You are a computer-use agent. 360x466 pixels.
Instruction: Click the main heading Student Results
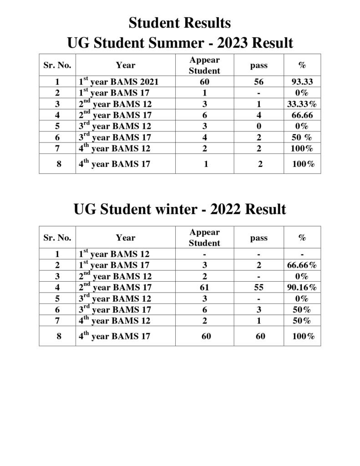(x=180, y=23)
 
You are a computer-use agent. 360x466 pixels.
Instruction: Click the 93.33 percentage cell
(x=302, y=82)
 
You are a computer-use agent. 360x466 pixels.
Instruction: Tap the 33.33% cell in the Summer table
(x=302, y=104)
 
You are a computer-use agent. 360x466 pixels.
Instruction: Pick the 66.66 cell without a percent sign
(x=302, y=115)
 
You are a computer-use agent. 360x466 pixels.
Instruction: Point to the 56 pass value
(x=259, y=82)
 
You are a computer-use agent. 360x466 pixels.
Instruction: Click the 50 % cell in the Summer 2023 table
(x=302, y=137)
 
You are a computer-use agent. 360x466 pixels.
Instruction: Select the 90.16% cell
(x=302, y=288)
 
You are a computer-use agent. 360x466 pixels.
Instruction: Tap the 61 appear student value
(x=204, y=288)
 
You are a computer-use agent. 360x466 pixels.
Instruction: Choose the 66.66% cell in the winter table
(x=302, y=265)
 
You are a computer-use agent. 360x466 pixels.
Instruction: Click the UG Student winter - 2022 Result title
(x=180, y=209)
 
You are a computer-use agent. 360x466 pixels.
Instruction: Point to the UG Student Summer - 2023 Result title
(x=180, y=44)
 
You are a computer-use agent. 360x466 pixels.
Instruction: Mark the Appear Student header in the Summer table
(x=204, y=66)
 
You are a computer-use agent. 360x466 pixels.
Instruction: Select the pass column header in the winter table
(x=259, y=238)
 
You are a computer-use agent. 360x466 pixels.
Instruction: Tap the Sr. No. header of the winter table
(x=57, y=238)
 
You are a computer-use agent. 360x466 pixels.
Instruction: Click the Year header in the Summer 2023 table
(x=126, y=66)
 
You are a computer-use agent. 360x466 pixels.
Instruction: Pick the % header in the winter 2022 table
(x=302, y=238)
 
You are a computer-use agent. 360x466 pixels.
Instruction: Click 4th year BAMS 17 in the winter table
(x=115, y=337)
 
